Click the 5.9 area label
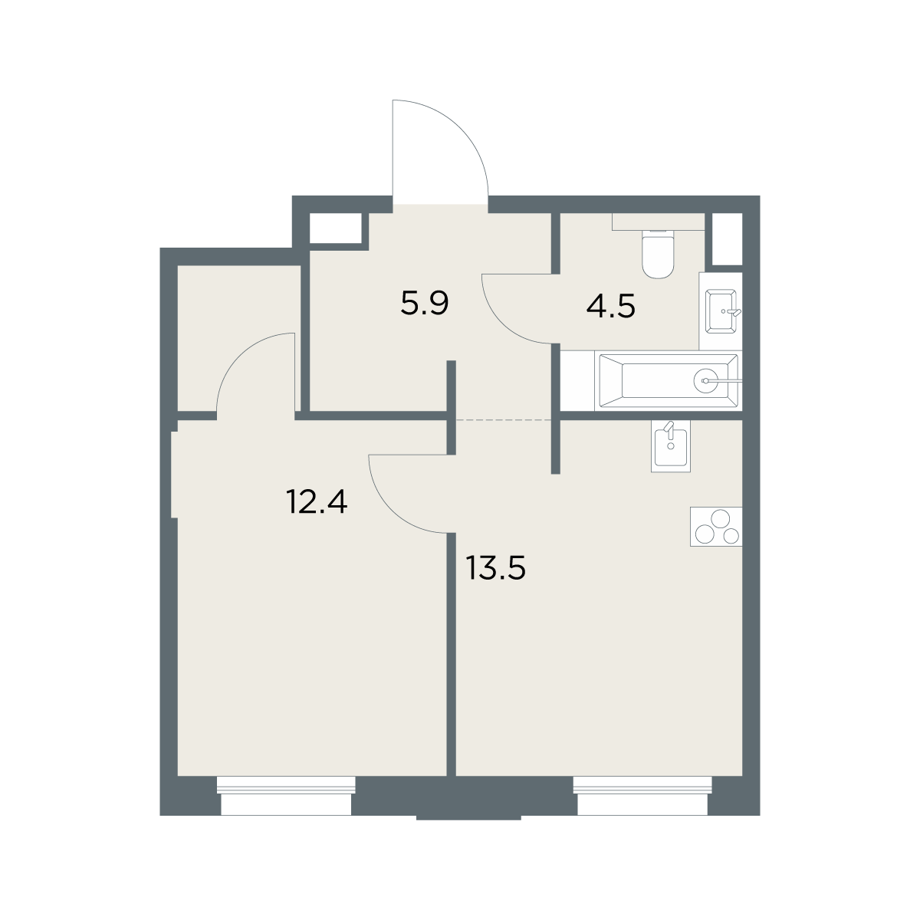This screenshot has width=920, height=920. (x=425, y=304)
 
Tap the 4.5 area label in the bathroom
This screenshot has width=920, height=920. (x=610, y=306)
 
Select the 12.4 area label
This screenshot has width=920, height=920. (x=317, y=501)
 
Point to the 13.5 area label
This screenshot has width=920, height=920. (x=495, y=568)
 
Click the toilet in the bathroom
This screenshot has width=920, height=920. (x=658, y=254)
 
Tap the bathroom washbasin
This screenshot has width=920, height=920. (x=721, y=310)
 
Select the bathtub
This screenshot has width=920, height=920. (x=669, y=381)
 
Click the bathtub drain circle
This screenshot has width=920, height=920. (x=705, y=381)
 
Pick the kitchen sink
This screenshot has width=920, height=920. (x=671, y=446)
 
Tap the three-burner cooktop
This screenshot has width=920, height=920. (x=716, y=527)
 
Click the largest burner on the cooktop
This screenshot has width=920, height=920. (x=721, y=520)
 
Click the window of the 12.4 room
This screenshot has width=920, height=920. (x=286, y=795)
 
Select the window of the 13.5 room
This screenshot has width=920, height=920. (x=642, y=795)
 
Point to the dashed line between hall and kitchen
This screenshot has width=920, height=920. (x=504, y=419)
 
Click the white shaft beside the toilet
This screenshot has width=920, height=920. (x=727, y=238)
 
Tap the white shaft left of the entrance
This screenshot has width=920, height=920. (x=336, y=228)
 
